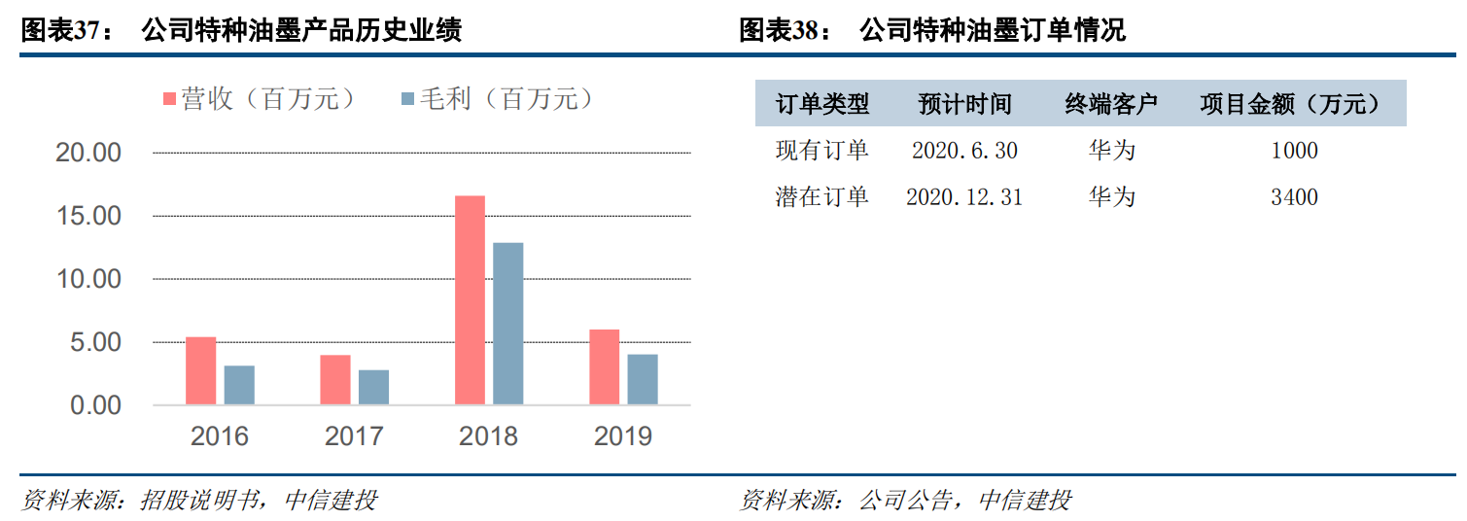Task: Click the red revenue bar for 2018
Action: click(x=470, y=300)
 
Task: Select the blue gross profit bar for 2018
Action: click(x=507, y=324)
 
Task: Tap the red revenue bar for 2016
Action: click(x=200, y=370)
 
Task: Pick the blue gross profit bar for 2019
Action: click(x=642, y=379)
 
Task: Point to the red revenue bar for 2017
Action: click(x=334, y=380)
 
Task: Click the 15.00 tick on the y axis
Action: click(x=95, y=216)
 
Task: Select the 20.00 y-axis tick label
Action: click(x=95, y=153)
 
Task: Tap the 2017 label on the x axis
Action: click(x=354, y=435)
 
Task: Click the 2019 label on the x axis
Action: click(x=623, y=435)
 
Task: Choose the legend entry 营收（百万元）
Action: click(x=258, y=99)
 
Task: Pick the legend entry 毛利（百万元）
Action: click(x=496, y=99)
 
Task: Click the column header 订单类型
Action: click(x=822, y=104)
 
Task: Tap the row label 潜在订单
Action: click(x=822, y=197)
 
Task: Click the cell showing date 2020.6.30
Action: click(x=964, y=151)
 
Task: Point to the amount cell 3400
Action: click(x=1294, y=197)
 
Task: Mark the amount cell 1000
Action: click(x=1294, y=151)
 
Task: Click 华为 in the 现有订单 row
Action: click(x=1112, y=151)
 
